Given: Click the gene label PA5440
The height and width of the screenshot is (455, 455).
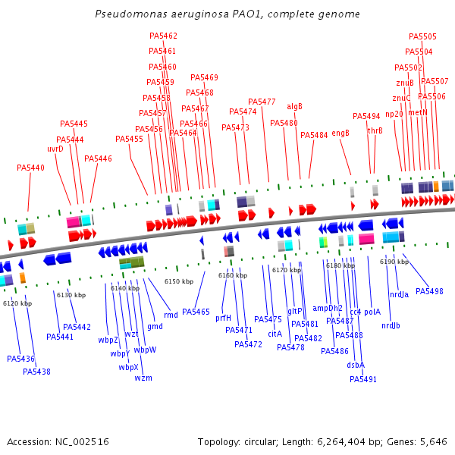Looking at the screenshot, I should click(x=30, y=168).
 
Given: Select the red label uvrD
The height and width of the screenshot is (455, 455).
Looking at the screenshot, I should click(x=55, y=149).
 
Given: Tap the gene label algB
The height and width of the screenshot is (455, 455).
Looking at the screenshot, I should click(x=295, y=107).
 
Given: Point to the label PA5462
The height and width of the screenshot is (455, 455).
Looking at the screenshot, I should click(x=164, y=36).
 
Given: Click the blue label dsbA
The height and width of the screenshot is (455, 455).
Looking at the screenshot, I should click(x=356, y=365).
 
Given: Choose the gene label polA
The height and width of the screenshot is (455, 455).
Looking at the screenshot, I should click(x=372, y=312).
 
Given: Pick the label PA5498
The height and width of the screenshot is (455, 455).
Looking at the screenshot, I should click(x=429, y=291).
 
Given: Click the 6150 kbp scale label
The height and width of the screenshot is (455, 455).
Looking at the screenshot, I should click(x=179, y=281).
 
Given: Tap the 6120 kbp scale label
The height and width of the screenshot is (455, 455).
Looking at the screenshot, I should click(x=17, y=303).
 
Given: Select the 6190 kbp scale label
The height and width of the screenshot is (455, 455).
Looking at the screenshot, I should click(x=394, y=262).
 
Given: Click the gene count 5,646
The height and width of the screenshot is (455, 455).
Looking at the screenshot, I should click(x=433, y=441).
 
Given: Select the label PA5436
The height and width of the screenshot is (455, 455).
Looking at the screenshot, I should click(x=21, y=359).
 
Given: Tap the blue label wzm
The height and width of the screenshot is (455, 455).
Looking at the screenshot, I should click(x=143, y=378).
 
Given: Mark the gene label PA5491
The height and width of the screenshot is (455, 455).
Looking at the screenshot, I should click(x=363, y=379).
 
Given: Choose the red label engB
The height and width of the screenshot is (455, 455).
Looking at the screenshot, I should click(x=340, y=133).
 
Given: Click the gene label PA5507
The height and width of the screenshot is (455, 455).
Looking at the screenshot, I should click(x=435, y=82).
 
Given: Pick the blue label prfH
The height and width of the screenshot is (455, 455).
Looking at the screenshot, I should click(x=223, y=318).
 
